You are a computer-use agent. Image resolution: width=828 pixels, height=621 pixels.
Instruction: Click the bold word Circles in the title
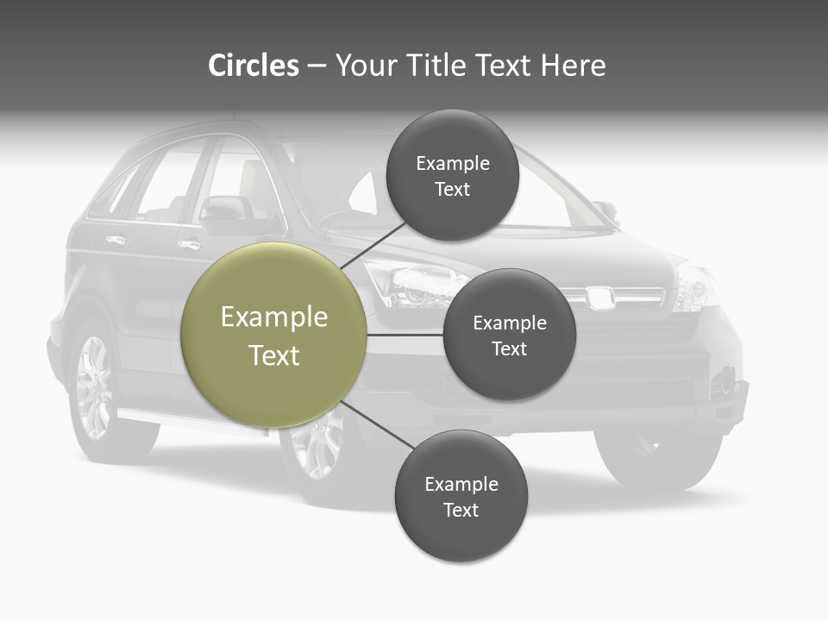point(253,66)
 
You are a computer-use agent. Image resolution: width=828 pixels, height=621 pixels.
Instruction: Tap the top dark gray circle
point(452,176)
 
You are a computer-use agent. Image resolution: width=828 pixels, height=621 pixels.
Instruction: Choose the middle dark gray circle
point(509,336)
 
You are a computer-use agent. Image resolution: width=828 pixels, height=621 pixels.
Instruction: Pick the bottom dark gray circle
point(461,497)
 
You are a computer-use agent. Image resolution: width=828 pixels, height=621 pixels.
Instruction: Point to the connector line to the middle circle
point(405,335)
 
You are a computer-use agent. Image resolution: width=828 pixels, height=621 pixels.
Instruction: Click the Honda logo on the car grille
point(600,297)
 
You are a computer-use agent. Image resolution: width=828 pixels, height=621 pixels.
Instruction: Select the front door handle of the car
point(189,245)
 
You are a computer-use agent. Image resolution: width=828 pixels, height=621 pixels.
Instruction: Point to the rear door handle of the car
point(116,239)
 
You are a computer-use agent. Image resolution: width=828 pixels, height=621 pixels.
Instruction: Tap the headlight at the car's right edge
point(695,286)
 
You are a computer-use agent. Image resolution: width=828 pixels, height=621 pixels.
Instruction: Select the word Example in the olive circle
point(274,317)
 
